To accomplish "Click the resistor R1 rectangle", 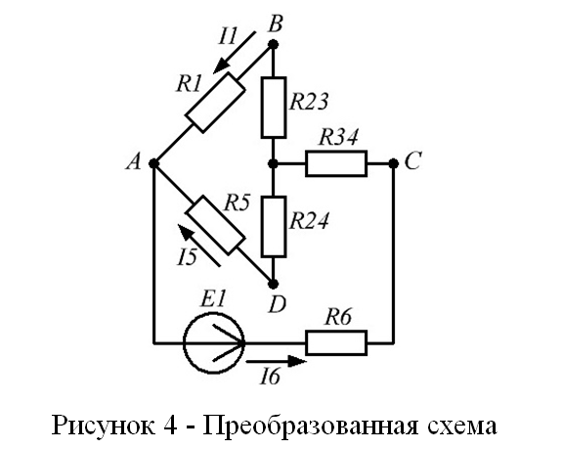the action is pos(215,103).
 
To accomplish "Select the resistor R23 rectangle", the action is pos(274,108).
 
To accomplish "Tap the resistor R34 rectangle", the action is pos(336,163).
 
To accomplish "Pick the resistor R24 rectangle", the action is pos(274,227).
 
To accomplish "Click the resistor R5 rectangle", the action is pos(215,225).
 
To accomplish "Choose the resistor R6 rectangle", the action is pos(336,343).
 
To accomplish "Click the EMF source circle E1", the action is pos(214,343).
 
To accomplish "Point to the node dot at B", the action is pos(274,45).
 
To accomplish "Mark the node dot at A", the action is pos(154,163).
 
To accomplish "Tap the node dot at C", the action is pos(394,163).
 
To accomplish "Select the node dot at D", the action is pos(274,284).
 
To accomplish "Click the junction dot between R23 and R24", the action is pos(274,163).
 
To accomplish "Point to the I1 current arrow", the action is pos(235,53).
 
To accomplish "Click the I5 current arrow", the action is pos(199,246).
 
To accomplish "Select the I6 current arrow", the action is pos(277,361).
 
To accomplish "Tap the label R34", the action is pos(338,138).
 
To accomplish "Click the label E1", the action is pos(214,299).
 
